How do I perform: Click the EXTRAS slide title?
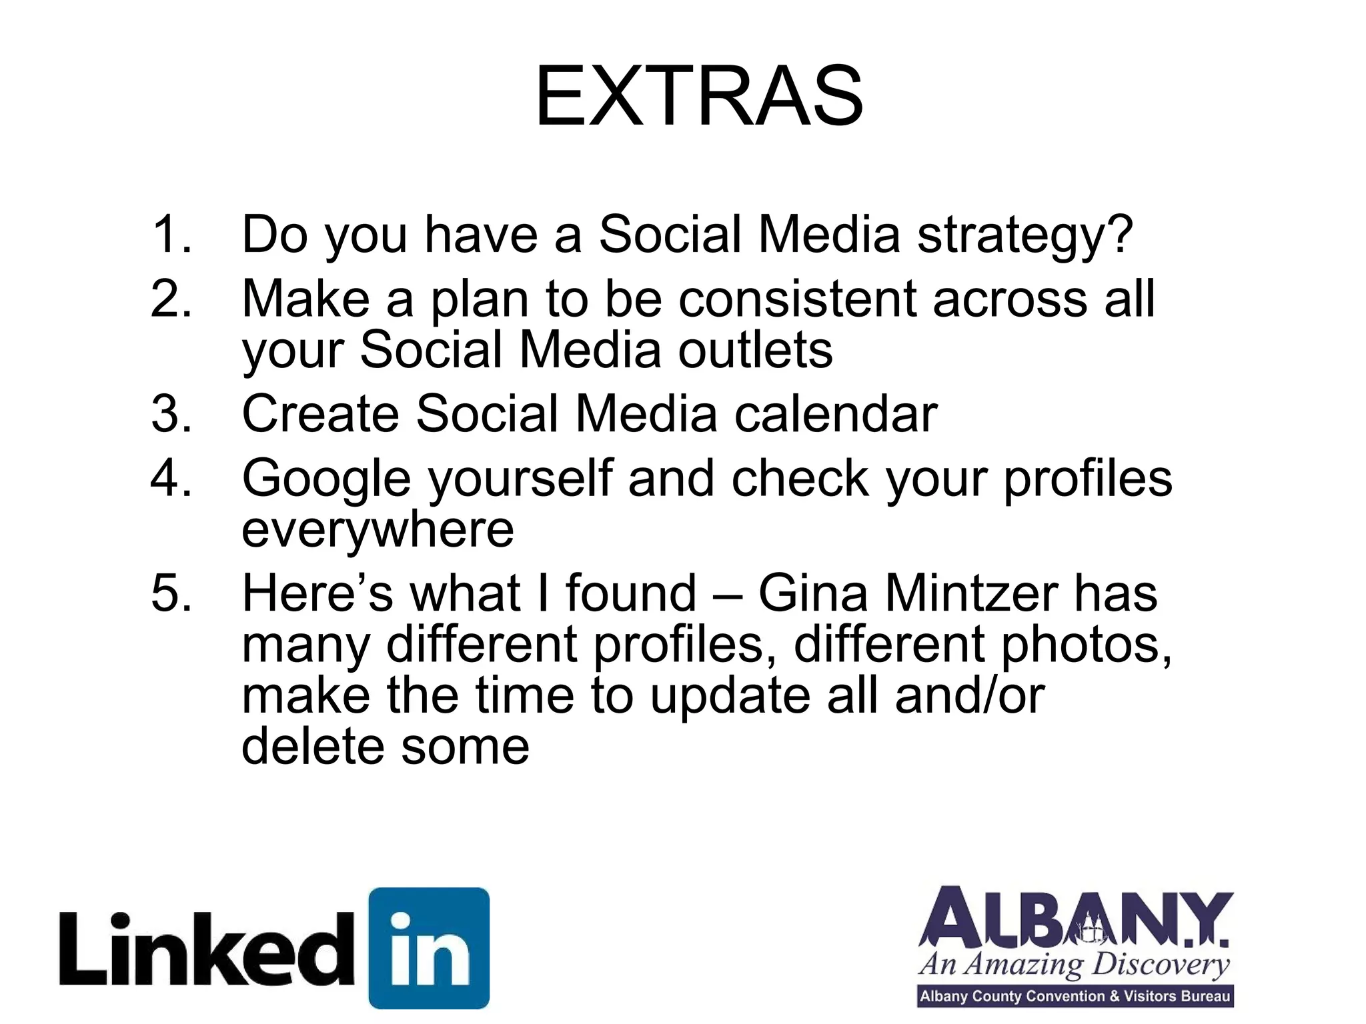(x=699, y=97)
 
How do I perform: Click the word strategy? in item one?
(x=1025, y=237)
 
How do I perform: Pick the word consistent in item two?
(x=798, y=299)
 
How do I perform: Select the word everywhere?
(x=378, y=530)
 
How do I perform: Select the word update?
(x=730, y=695)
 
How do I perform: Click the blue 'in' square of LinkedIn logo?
(x=429, y=947)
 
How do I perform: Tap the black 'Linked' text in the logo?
(x=207, y=949)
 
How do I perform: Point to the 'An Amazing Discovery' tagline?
(x=1074, y=965)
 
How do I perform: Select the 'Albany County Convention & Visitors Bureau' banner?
(x=1075, y=997)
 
